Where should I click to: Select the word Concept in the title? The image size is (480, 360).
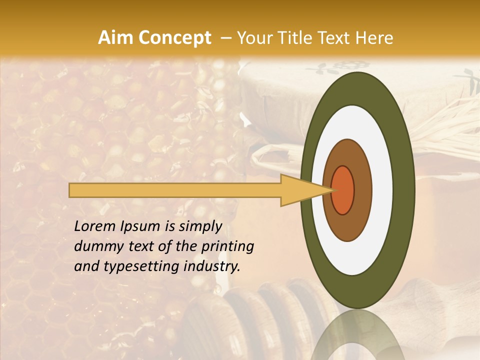(x=175, y=38)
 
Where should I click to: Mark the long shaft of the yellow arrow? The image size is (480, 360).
(x=175, y=190)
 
